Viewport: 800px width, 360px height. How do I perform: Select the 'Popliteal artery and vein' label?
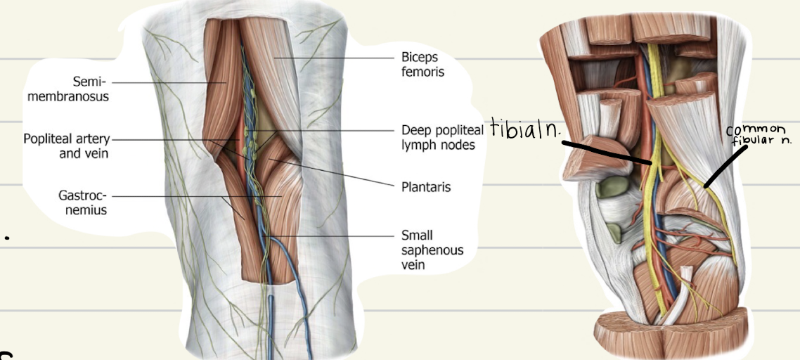click(x=67, y=146)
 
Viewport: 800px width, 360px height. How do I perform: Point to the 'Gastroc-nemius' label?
click(x=83, y=202)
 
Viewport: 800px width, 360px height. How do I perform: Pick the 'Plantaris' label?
click(x=425, y=188)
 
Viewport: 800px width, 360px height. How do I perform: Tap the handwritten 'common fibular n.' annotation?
click(x=759, y=135)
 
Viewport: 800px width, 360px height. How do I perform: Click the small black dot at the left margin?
click(x=7, y=239)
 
